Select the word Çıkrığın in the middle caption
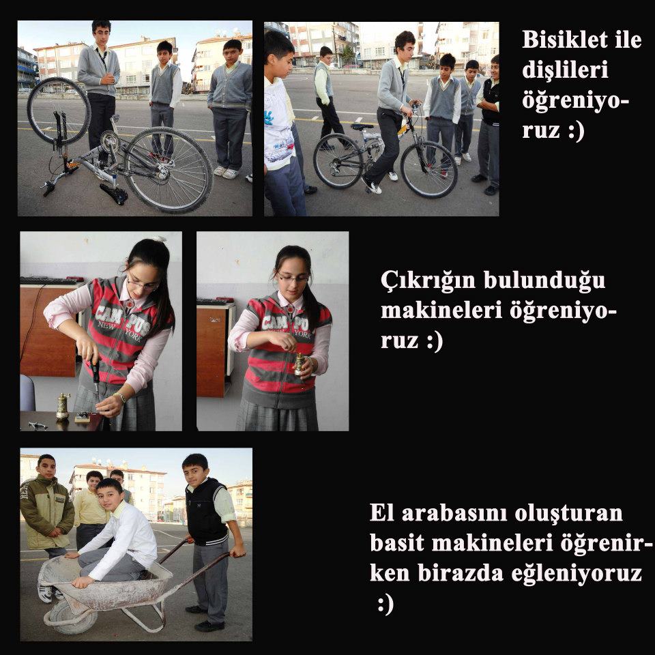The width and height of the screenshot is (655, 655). coord(428,280)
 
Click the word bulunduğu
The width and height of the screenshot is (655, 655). coord(544,280)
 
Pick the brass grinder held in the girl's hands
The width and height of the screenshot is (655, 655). coord(299,364)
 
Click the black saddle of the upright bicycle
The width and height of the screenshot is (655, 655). coord(362,126)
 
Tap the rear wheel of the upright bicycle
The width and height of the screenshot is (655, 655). coord(339,161)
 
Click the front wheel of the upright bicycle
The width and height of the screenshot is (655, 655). coord(429,169)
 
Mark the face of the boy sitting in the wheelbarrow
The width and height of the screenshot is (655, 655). coord(109,495)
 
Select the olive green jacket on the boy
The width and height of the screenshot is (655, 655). coord(46,512)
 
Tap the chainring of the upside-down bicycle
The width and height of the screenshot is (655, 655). coord(109,143)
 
